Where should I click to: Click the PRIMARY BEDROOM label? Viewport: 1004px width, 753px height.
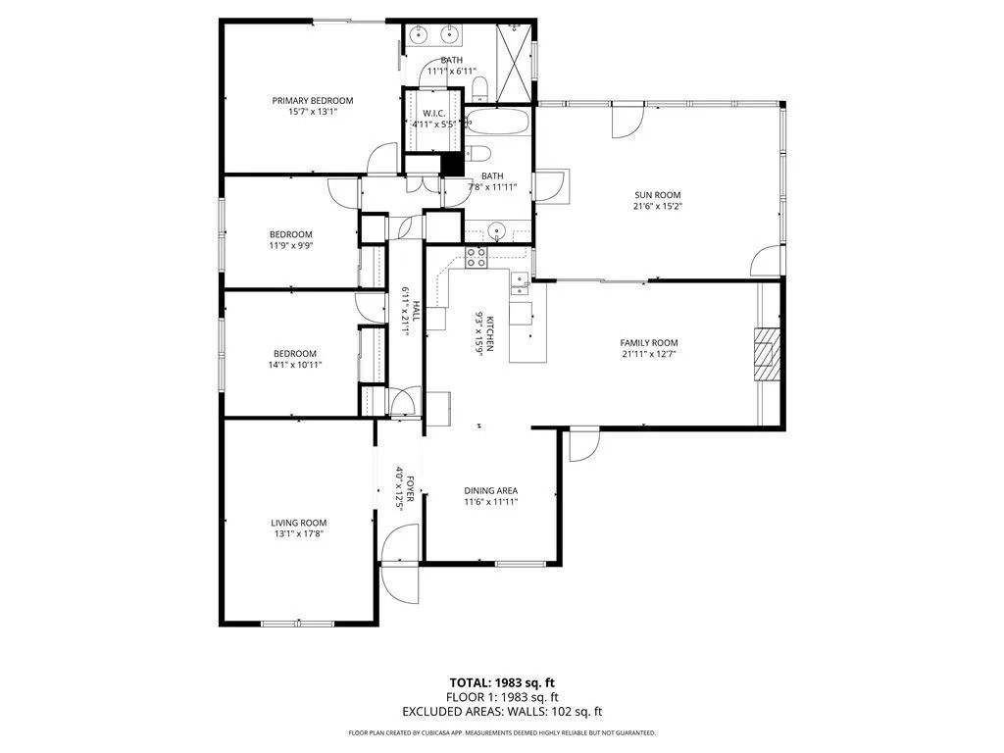point(313,100)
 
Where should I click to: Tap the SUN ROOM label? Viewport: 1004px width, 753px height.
point(657,195)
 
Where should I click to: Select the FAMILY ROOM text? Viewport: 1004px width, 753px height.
point(649,342)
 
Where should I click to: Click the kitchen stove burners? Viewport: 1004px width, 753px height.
point(477,258)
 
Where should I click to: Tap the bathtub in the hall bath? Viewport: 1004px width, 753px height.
point(497,124)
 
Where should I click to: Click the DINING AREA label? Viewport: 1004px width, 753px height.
point(490,490)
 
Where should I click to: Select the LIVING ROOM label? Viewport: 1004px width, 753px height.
point(299,523)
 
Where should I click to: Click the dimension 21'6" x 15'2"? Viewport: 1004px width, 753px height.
point(657,207)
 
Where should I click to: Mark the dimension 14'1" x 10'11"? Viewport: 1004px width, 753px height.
point(294,365)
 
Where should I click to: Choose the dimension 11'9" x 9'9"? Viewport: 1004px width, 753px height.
point(291,246)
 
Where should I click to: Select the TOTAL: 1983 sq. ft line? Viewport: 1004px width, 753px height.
point(502,682)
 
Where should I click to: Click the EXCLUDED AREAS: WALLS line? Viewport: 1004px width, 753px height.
point(502,712)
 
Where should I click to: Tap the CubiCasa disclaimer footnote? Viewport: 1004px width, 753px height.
point(502,733)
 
